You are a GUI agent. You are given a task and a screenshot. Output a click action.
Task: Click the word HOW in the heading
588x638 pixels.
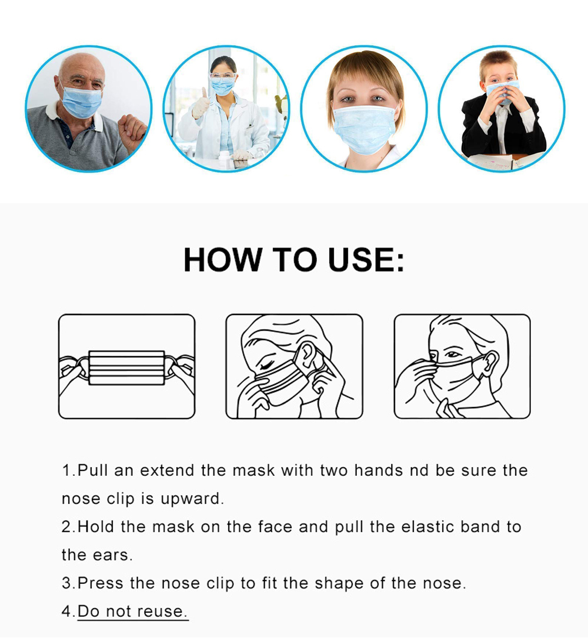(222, 259)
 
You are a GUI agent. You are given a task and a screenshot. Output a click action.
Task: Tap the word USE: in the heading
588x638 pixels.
(366, 259)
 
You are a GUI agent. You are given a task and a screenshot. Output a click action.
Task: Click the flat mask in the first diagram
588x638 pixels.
(126, 368)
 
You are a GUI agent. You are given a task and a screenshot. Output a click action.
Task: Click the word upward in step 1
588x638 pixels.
(192, 499)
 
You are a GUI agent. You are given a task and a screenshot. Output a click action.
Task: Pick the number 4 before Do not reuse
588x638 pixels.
(66, 611)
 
